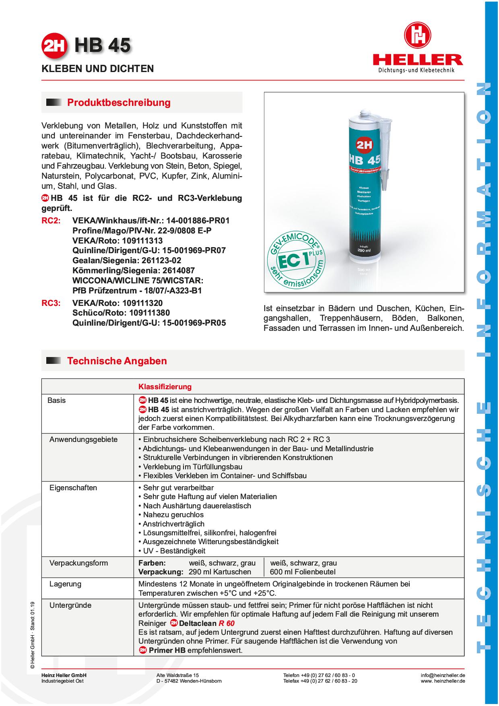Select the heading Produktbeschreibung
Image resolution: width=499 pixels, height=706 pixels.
[119, 103]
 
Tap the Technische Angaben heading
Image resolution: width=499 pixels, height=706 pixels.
[117, 361]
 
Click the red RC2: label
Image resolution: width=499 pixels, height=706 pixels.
[51, 221]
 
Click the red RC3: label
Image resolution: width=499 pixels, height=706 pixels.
[51, 303]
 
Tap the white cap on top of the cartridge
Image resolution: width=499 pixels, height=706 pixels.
[364, 113]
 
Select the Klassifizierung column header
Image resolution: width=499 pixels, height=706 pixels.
[165, 387]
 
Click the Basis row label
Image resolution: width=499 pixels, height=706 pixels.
[56, 400]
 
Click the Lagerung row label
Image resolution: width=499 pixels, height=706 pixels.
[65, 584]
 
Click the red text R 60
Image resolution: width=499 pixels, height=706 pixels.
[227, 623]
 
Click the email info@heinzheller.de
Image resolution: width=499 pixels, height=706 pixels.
[443, 675]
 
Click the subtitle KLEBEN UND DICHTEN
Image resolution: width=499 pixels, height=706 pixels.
[98, 69]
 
